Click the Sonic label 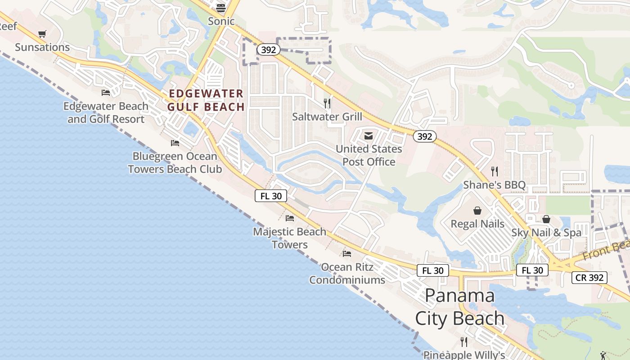pyautogui.click(x=221, y=21)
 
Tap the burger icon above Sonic pyautogui.click(x=220, y=8)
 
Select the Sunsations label pyautogui.click(x=42, y=47)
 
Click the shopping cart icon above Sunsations pyautogui.click(x=42, y=34)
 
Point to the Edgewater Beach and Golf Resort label pyautogui.click(x=106, y=112)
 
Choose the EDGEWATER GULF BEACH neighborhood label pyautogui.click(x=206, y=100)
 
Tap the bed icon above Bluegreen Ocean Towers pyautogui.click(x=175, y=143)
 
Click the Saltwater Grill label pyautogui.click(x=327, y=117)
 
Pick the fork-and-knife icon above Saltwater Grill pyautogui.click(x=327, y=103)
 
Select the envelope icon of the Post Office pyautogui.click(x=369, y=136)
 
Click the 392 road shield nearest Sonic pyautogui.click(x=268, y=49)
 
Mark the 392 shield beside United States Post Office pyautogui.click(x=424, y=136)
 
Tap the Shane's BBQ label pyautogui.click(x=495, y=185)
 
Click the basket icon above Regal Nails pyautogui.click(x=477, y=211)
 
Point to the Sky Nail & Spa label pyautogui.click(x=546, y=233)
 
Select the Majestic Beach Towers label pyautogui.click(x=290, y=238)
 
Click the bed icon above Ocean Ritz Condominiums pyautogui.click(x=347, y=254)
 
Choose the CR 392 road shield pyautogui.click(x=589, y=278)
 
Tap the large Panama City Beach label pyautogui.click(x=459, y=307)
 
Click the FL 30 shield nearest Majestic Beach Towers pyautogui.click(x=271, y=196)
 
